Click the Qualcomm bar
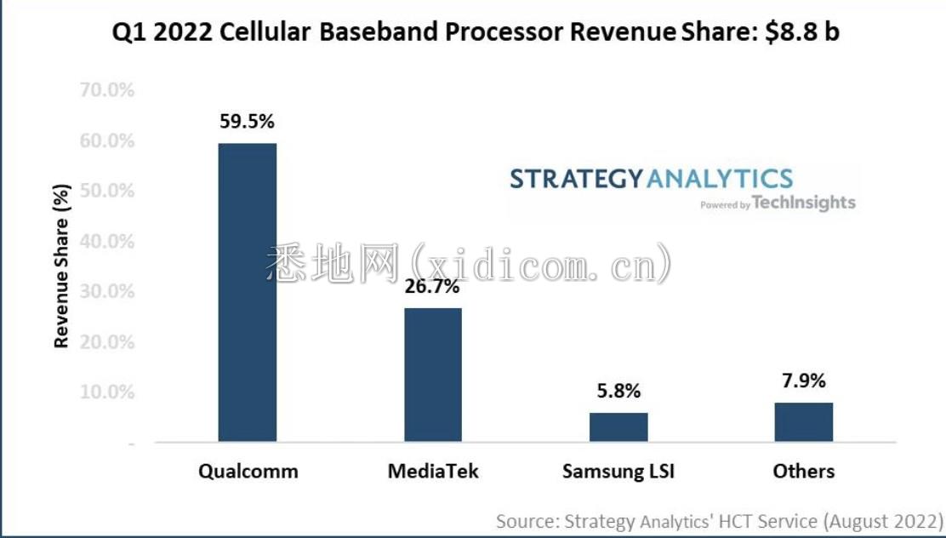click(x=248, y=292)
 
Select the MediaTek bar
click(x=433, y=375)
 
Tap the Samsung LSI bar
click(x=618, y=427)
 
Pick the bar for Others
click(x=804, y=422)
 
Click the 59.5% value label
click(x=248, y=122)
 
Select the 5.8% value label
click(x=618, y=392)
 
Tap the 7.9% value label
click(x=804, y=381)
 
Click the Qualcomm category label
click(x=248, y=471)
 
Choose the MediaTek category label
click(x=433, y=471)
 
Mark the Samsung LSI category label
click(x=618, y=471)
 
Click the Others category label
click(x=804, y=471)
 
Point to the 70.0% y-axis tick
click(x=106, y=89)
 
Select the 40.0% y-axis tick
click(x=106, y=241)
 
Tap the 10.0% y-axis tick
click(x=106, y=392)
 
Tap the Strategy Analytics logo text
click(x=651, y=179)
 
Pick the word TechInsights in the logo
click(x=804, y=203)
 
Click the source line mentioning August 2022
click(x=720, y=520)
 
